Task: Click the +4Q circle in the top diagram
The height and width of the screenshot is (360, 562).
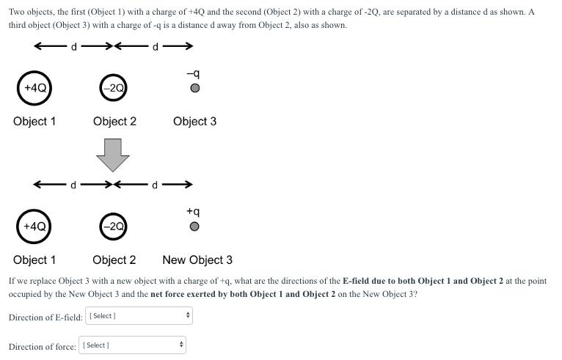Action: pos(34,88)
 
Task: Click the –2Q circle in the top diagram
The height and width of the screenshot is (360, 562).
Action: pos(113,88)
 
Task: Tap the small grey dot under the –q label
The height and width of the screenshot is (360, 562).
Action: pos(194,89)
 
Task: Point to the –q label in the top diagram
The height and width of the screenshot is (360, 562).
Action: pos(193,73)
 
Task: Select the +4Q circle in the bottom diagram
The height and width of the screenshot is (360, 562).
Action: pos(34,227)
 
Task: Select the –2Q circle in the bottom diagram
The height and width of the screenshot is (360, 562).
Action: pos(113,227)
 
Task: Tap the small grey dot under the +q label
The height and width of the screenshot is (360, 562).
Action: pos(194,227)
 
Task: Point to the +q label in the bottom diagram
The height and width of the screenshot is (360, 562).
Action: pos(193,211)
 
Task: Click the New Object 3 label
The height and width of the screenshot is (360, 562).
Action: pos(197,260)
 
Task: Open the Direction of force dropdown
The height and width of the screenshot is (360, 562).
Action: pos(133,345)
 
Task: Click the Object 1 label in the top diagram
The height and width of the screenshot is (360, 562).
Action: pos(34,121)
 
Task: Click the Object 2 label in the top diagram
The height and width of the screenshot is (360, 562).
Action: pos(114,121)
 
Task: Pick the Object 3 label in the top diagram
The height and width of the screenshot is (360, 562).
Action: pos(194,121)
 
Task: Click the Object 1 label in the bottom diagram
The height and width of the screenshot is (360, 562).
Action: pos(34,260)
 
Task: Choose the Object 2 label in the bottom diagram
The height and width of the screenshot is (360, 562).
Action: pos(114,260)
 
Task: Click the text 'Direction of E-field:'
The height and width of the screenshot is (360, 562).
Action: pos(45,317)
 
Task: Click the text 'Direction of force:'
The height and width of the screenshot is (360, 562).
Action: pos(43,347)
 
